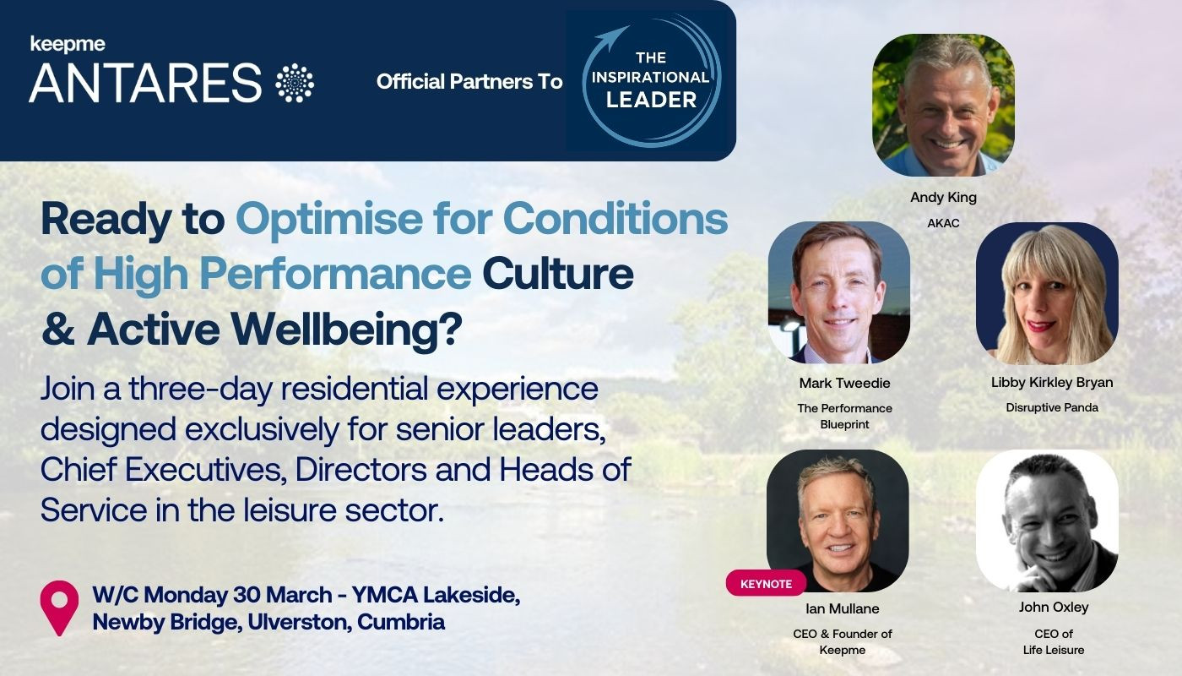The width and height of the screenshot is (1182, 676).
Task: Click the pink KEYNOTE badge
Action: pyautogui.click(x=766, y=584)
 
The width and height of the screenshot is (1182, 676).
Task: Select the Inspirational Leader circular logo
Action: pyautogui.click(x=650, y=81)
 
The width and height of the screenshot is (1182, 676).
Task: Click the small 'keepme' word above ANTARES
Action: pyautogui.click(x=68, y=43)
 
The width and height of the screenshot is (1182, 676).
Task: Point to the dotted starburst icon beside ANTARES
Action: pyautogui.click(x=295, y=83)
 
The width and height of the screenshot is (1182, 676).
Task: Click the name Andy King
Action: pyautogui.click(x=942, y=198)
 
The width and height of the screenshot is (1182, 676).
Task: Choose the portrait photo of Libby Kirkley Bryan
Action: pyautogui.click(x=1047, y=293)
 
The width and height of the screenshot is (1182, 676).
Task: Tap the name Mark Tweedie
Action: pyautogui.click(x=844, y=383)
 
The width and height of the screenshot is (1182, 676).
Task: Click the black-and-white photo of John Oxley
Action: pyautogui.click(x=1047, y=520)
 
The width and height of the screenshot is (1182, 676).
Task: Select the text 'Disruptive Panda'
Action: pyautogui.click(x=1051, y=407)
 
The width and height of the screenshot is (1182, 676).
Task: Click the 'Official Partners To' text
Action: pyautogui.click(x=469, y=82)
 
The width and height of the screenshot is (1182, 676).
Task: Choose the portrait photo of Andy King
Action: pyautogui.click(x=942, y=105)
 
